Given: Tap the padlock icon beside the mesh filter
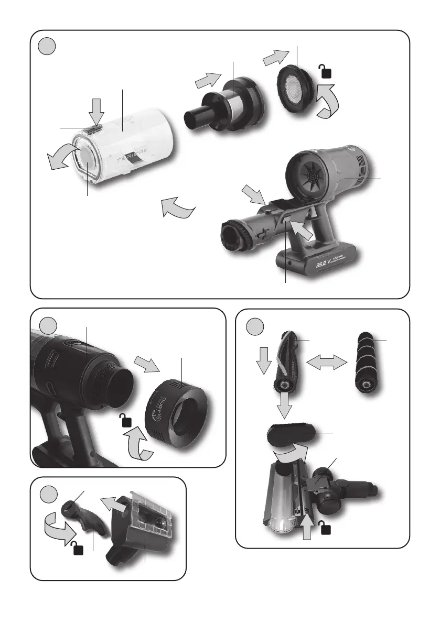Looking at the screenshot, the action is pos(325,71).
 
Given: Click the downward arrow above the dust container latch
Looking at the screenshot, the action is pos(98,111).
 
